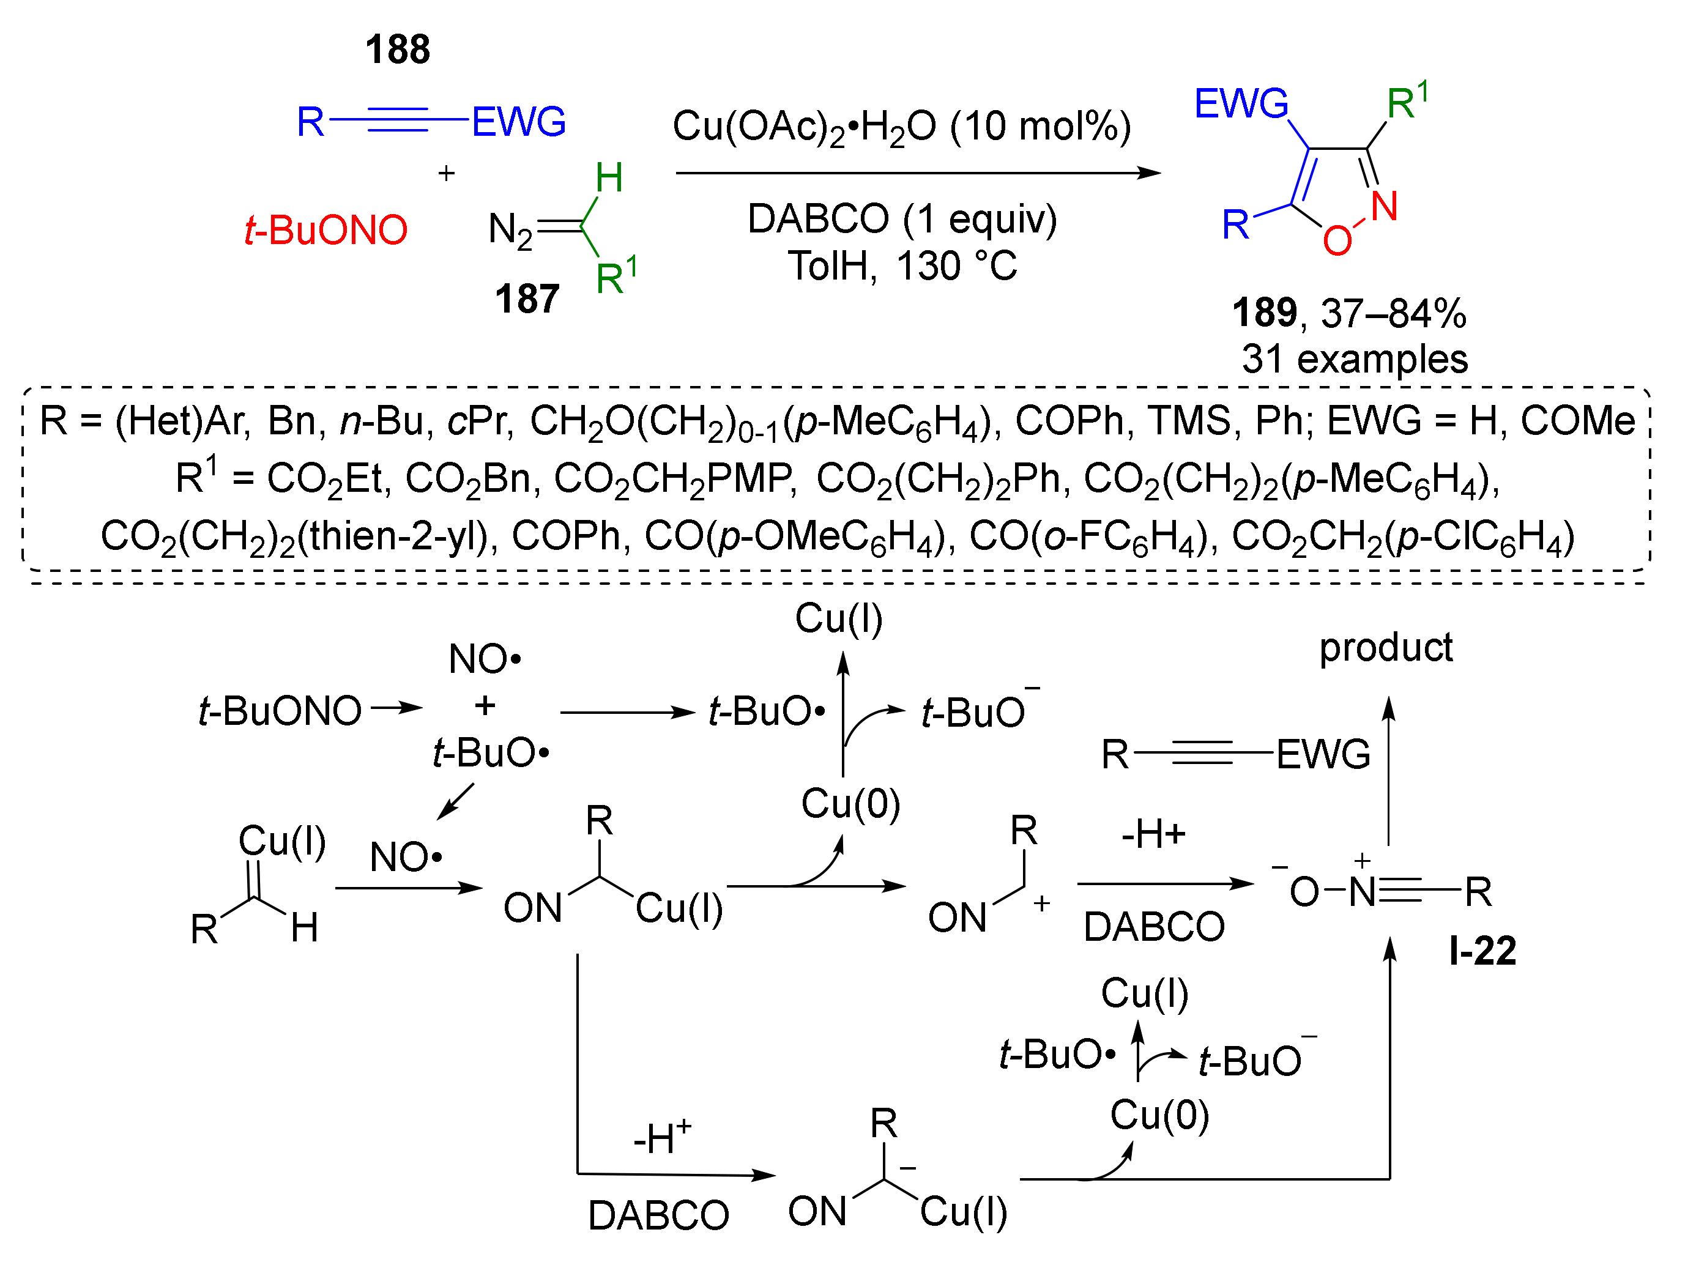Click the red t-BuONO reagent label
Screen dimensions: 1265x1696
[325, 230]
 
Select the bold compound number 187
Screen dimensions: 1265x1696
[526, 299]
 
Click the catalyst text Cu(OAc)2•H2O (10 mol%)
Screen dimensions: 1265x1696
[901, 127]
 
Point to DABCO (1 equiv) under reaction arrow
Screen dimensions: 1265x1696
[901, 219]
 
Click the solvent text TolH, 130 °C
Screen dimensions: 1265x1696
[901, 267]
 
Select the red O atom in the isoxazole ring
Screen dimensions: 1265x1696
[1336, 240]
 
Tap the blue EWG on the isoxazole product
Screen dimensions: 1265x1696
[1240, 103]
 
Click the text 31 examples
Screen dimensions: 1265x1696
[1354, 358]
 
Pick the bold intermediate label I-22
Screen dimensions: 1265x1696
[1482, 951]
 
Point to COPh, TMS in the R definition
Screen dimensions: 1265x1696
[1121, 420]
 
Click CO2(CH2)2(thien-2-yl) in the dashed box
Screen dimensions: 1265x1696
[295, 536]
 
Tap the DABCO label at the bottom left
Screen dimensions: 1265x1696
[658, 1215]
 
